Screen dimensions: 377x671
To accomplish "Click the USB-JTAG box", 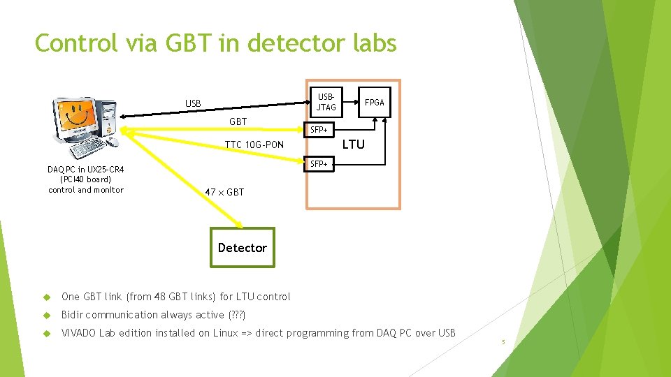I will click(326, 102).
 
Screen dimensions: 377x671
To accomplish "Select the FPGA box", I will click(374, 102).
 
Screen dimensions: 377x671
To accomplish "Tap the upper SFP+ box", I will click(319, 130).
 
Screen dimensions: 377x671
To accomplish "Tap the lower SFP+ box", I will click(319, 164).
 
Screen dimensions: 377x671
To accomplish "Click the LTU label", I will click(354, 145).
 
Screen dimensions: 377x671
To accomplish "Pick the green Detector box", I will click(243, 247).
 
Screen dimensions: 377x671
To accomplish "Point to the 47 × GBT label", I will click(224, 192).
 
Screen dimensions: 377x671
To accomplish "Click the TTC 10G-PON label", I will click(254, 145).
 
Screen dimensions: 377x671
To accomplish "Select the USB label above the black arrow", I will click(193, 103).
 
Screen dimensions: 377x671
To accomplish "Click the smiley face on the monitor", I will click(77, 112).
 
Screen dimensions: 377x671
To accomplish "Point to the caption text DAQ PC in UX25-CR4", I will click(86, 170).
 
